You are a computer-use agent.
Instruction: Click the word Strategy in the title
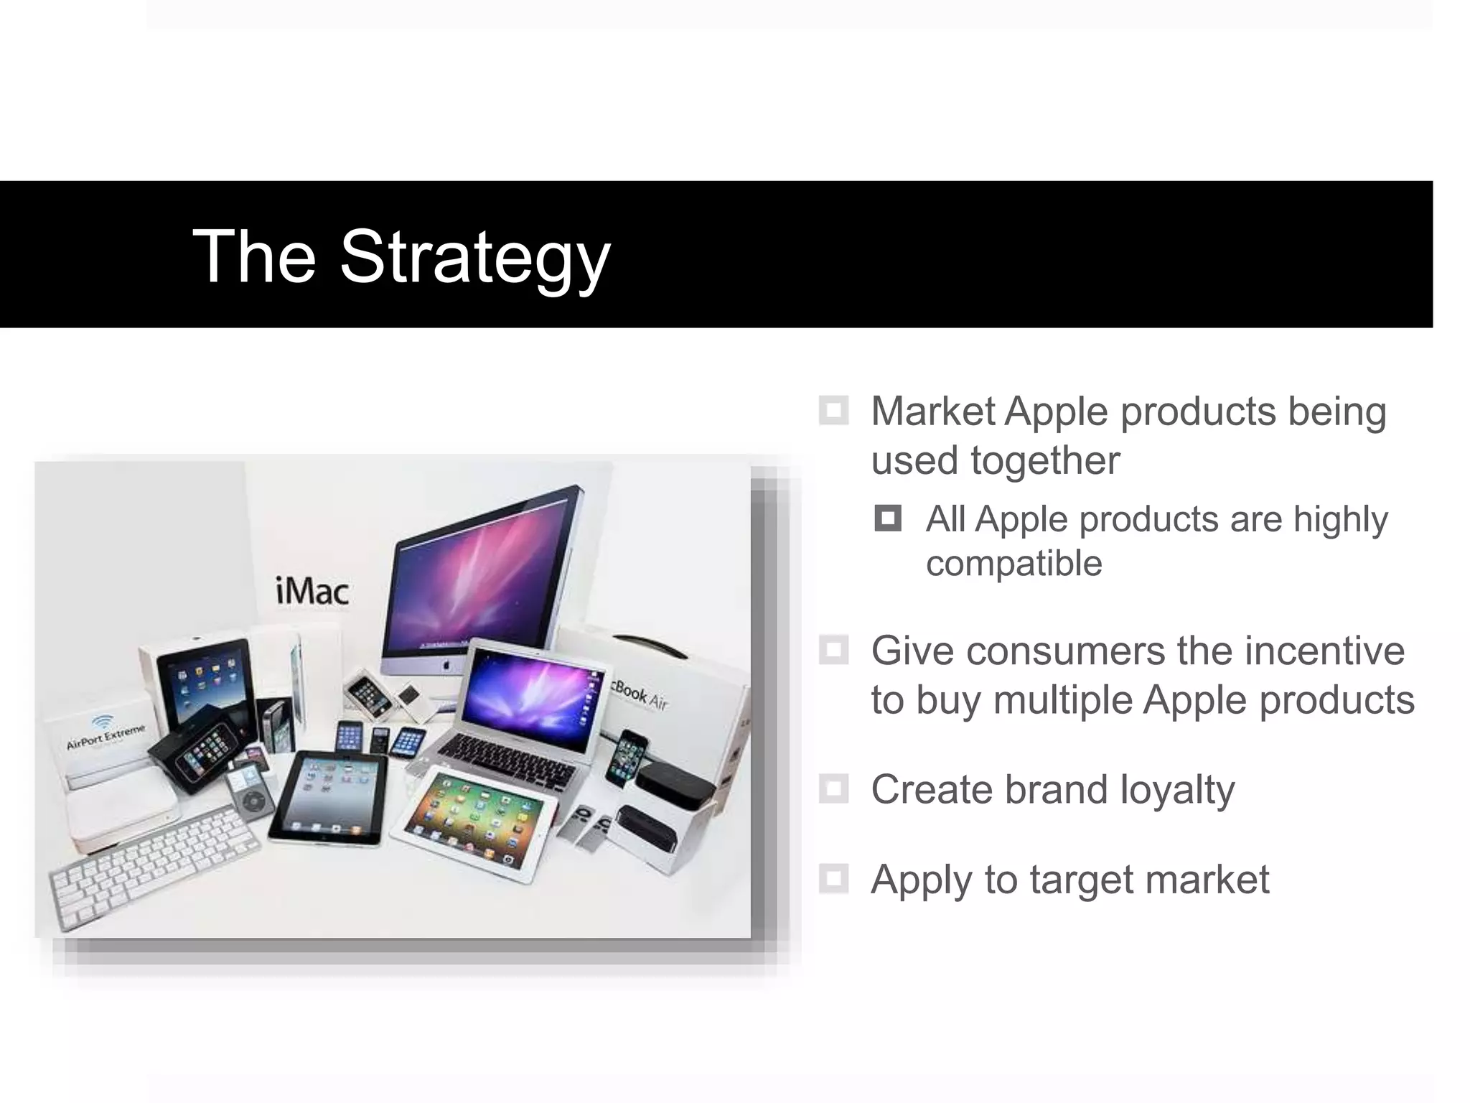pyautogui.click(x=474, y=256)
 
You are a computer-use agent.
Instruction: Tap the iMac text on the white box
pyautogui.click(x=312, y=591)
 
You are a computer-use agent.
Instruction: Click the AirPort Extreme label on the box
pyautogui.click(x=106, y=736)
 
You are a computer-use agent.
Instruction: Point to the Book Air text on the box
pyautogui.click(x=640, y=693)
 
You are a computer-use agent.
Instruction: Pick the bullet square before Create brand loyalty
pyautogui.click(x=833, y=789)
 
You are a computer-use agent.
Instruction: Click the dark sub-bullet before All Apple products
pyautogui.click(x=888, y=518)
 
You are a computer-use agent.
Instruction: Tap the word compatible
pyautogui.click(x=1013, y=563)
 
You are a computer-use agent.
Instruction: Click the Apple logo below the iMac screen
pyautogui.click(x=446, y=665)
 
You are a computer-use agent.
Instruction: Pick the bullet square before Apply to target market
pyautogui.click(x=833, y=879)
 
